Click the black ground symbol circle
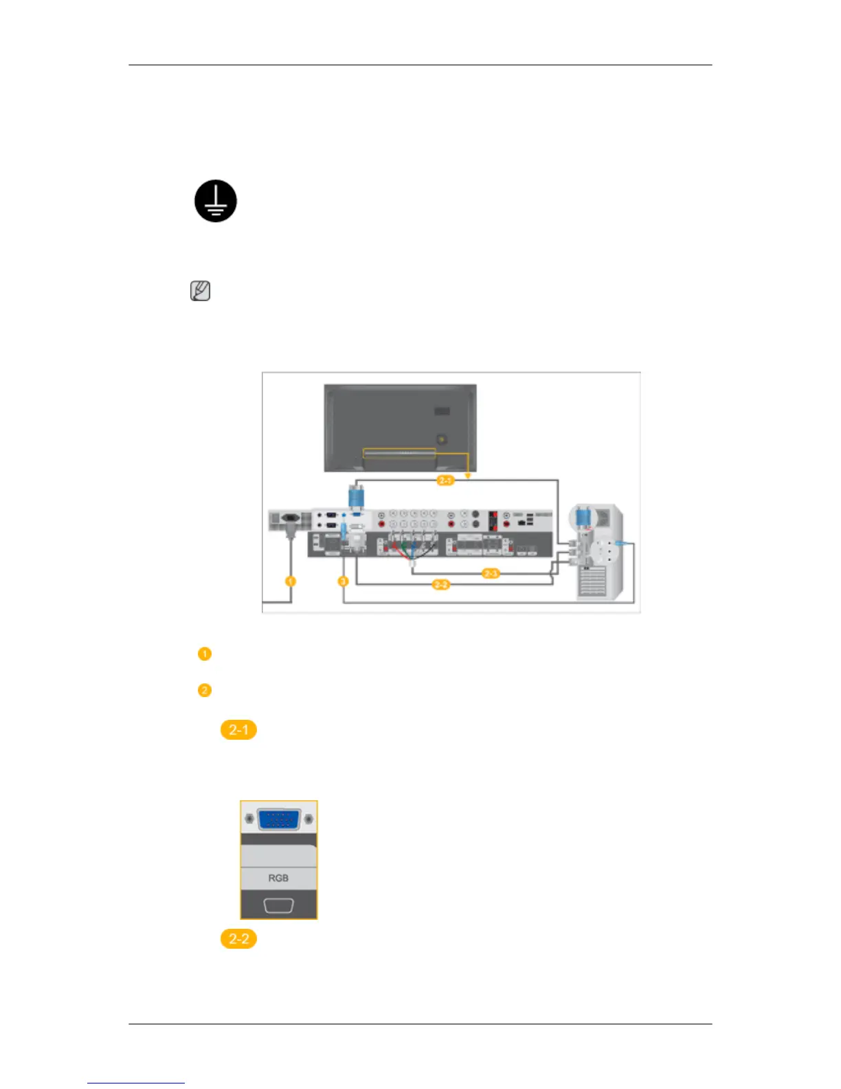[x=216, y=201]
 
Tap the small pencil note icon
[x=200, y=291]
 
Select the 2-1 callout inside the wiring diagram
[x=445, y=481]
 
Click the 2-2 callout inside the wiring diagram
[x=440, y=584]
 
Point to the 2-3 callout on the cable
[x=490, y=573]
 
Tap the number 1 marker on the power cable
[x=291, y=581]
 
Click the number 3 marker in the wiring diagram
[x=343, y=581]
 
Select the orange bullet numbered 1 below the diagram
[x=204, y=654]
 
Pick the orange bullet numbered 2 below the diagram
[x=204, y=690]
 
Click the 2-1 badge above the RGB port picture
[x=238, y=729]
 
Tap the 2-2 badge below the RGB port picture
[x=238, y=938]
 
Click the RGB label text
[x=278, y=878]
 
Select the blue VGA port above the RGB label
[x=278, y=819]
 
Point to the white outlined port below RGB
[x=278, y=905]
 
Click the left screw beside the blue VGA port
[x=249, y=819]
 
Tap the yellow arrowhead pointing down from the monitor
[x=468, y=475]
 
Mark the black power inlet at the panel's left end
[x=289, y=519]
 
